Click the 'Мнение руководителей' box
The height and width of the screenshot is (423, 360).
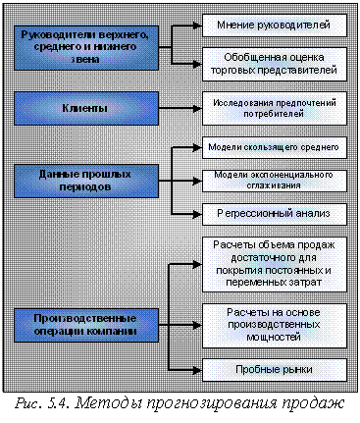(273, 23)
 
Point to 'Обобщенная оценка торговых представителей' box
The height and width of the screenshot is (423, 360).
(273, 64)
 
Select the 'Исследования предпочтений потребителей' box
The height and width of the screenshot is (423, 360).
(273, 106)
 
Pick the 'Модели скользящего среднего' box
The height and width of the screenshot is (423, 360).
(273, 147)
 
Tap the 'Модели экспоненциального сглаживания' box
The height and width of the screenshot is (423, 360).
(273, 179)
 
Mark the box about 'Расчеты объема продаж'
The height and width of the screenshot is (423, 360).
(273, 262)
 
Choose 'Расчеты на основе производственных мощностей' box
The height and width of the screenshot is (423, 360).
(273, 324)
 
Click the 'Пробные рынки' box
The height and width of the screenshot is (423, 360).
(273, 371)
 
